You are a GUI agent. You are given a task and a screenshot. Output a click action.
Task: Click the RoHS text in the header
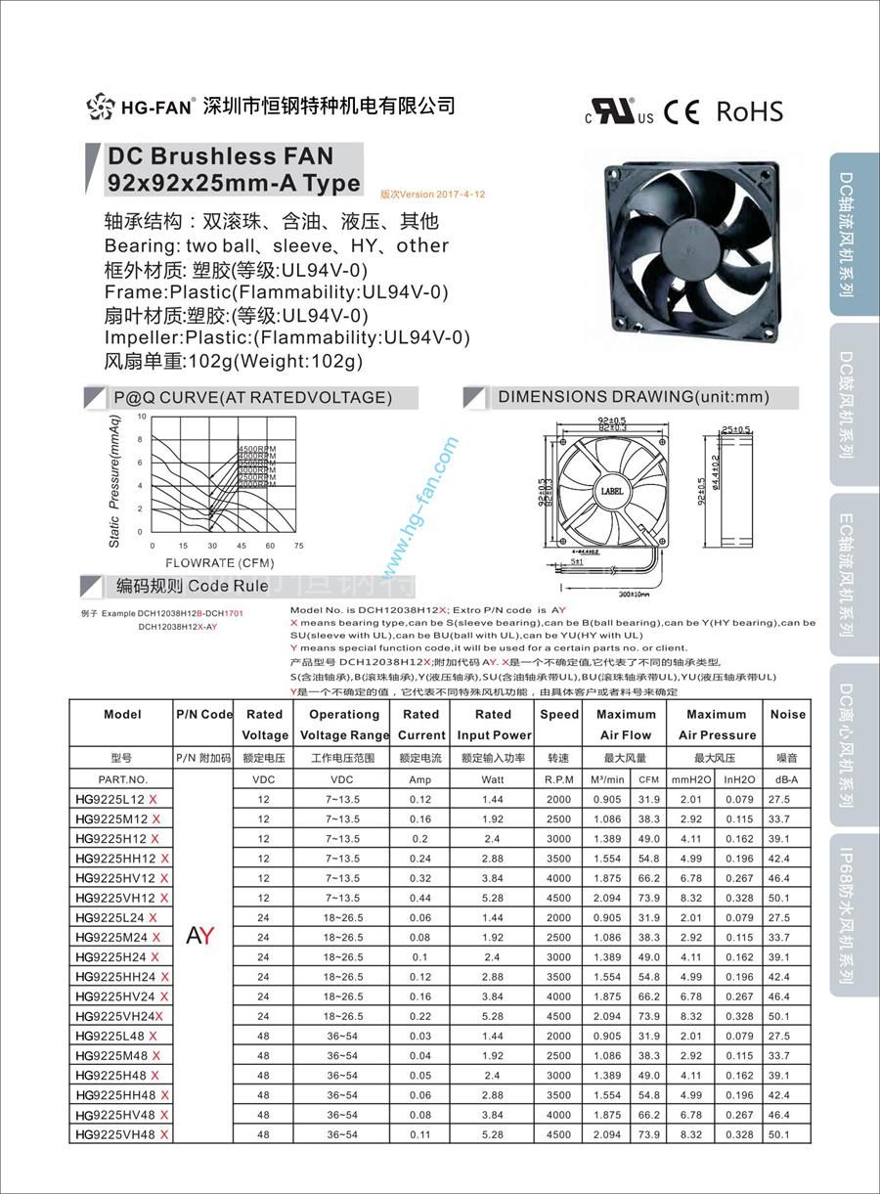tap(749, 111)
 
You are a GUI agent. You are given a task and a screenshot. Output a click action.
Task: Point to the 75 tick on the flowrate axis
tap(299, 546)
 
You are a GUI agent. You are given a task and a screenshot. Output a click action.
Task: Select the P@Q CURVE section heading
tap(252, 397)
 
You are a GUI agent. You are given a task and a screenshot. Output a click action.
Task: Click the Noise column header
tap(787, 715)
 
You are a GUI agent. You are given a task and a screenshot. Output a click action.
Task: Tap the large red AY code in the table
tap(199, 936)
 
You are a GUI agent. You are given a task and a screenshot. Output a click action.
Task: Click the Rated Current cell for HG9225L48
tap(420, 1036)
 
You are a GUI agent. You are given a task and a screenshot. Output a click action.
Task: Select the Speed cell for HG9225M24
tap(558, 937)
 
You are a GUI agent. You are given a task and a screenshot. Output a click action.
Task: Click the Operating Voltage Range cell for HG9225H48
tap(342, 1075)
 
